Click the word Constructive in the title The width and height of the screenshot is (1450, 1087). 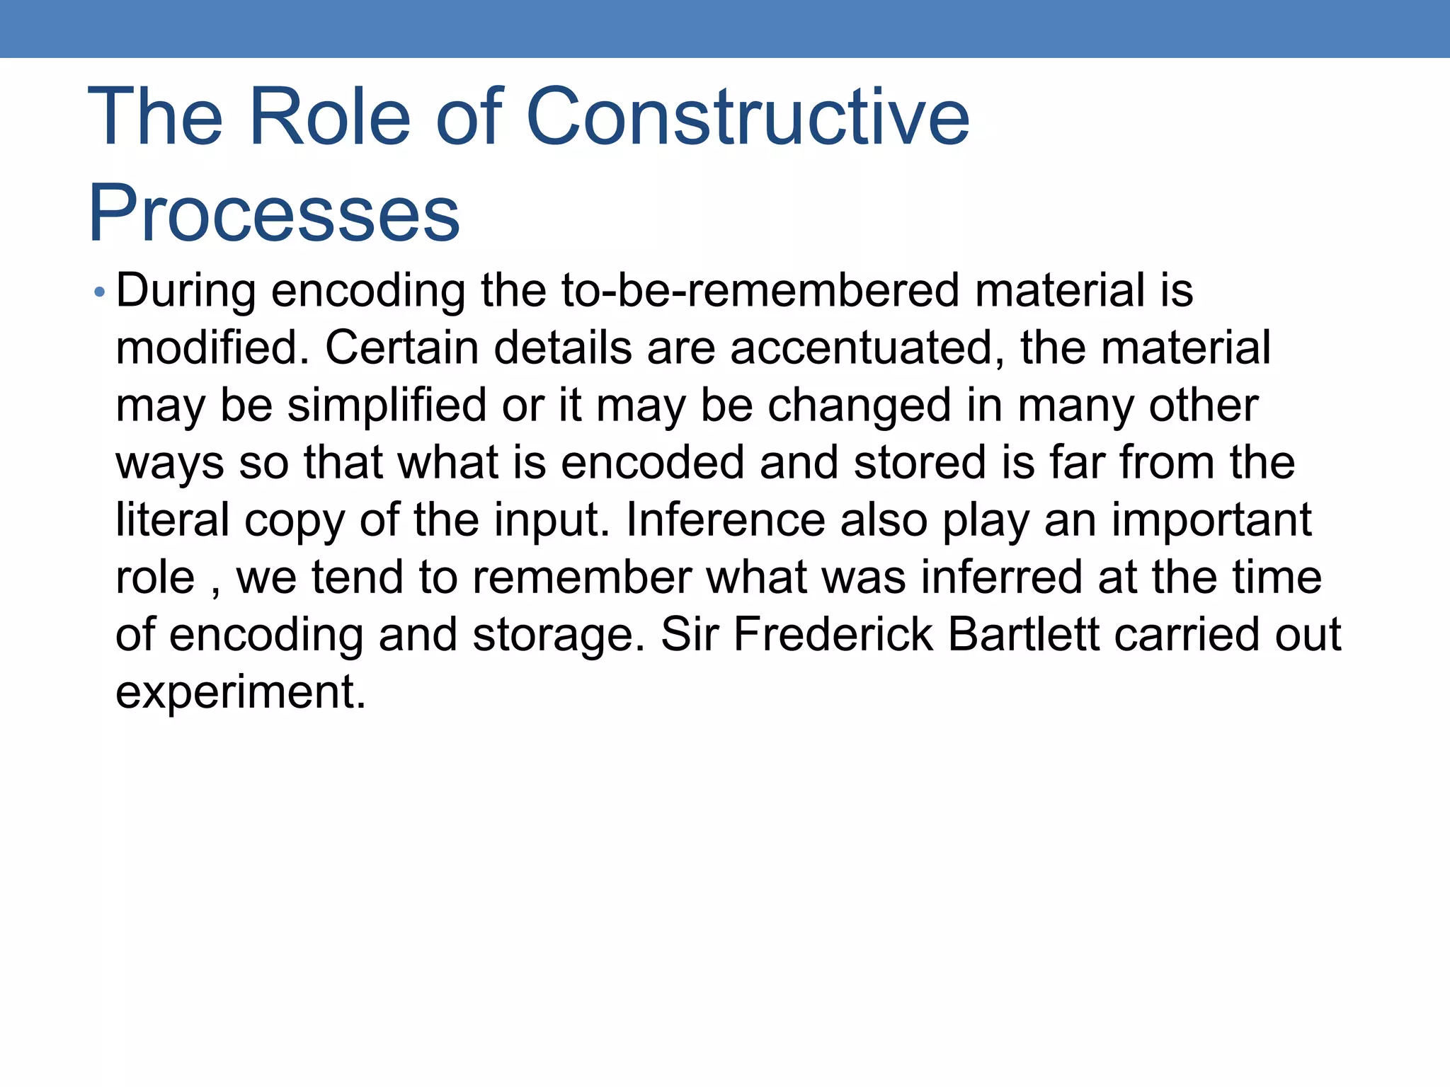(748, 117)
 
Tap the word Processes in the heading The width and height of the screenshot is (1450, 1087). (274, 213)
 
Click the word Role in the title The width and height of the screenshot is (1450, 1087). (330, 117)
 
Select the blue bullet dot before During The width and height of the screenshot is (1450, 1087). (100, 292)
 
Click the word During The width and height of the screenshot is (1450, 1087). (185, 292)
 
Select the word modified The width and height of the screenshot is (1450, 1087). (212, 348)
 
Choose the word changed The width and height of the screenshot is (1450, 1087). (859, 406)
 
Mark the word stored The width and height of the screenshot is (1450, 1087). (920, 463)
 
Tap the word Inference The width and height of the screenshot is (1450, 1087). (725, 520)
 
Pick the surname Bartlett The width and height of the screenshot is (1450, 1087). (1023, 635)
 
